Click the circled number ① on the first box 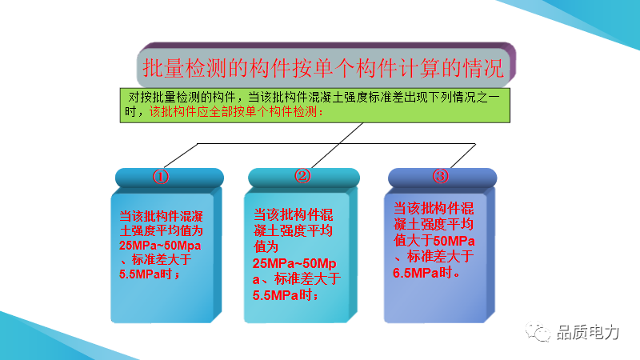tap(161, 177)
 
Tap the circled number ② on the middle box tap(302, 176)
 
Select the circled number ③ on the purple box tap(441, 176)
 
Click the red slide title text tap(323, 68)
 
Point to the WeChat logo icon tap(538, 331)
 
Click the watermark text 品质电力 tap(588, 332)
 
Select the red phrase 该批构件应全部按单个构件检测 tap(233, 111)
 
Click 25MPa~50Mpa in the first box tap(160, 246)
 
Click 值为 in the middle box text tap(266, 247)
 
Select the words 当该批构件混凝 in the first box tap(162, 216)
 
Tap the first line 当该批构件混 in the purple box tap(434, 209)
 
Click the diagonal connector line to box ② tap(337, 146)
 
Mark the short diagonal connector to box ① tap(181, 155)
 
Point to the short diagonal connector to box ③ tap(463, 155)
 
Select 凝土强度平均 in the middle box tap(293, 230)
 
